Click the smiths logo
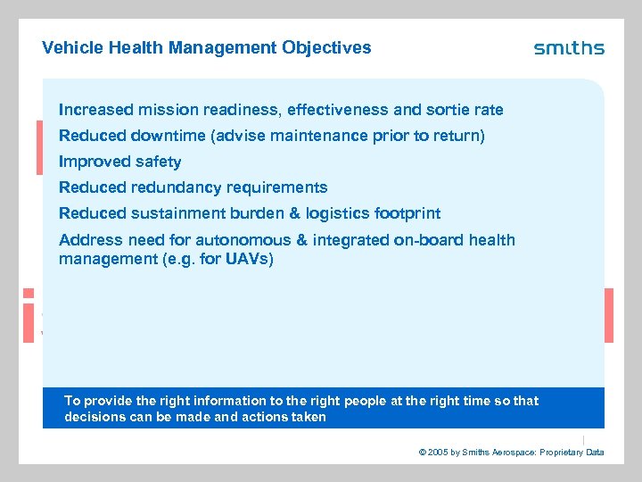(x=569, y=48)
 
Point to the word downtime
(x=169, y=136)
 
